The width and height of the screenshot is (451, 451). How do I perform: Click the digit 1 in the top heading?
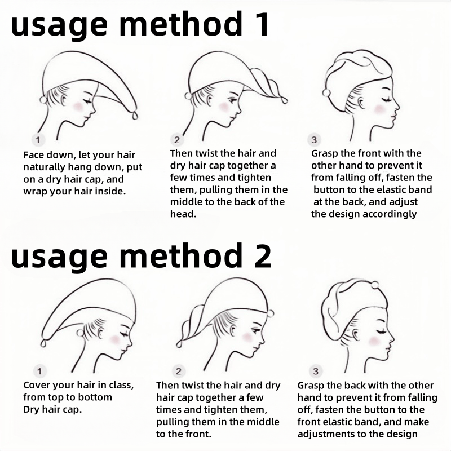261,24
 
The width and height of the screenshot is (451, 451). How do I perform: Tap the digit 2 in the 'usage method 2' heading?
262,256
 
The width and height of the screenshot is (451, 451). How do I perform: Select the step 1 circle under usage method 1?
38,140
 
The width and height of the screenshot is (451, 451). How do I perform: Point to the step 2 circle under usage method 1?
176,140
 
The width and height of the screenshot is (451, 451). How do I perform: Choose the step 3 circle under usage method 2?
316,372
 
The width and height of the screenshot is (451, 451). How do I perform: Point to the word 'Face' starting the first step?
34,155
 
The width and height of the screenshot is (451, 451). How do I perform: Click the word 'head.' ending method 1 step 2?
183,214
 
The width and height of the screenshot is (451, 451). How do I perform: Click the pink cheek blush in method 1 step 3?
379,109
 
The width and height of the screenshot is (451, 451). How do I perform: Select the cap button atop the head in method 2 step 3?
375,285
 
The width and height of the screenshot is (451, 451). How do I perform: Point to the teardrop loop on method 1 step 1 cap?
135,116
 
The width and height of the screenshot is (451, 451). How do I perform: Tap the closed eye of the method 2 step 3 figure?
382,332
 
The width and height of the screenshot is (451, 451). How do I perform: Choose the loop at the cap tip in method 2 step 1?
44,343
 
